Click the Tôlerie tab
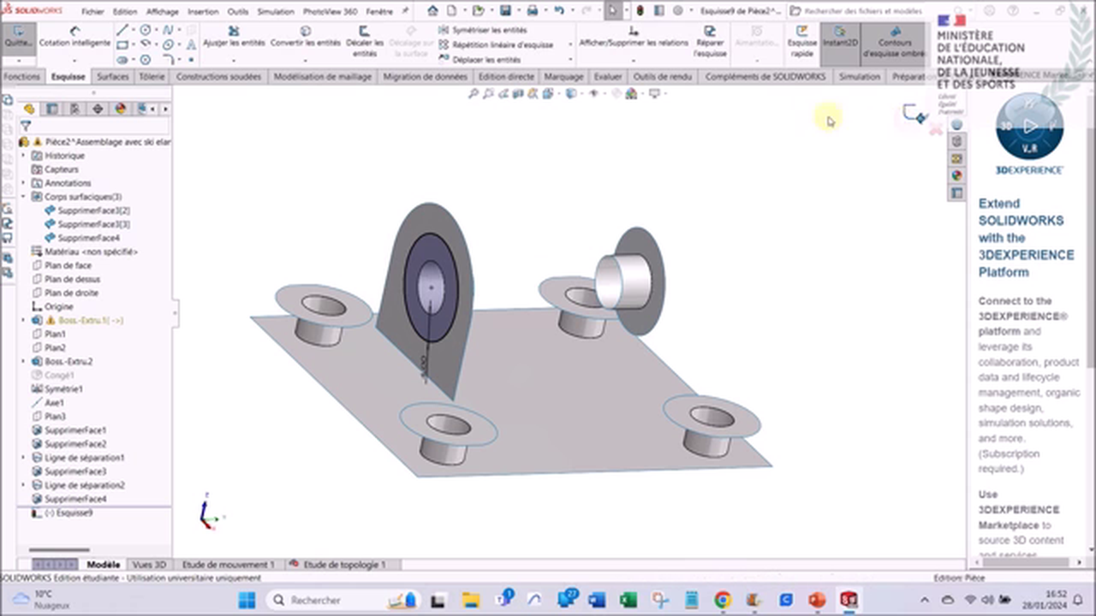[152, 77]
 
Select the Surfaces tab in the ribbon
[112, 77]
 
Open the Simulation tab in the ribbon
[859, 77]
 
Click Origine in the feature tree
[58, 306]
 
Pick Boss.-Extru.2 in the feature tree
[68, 361]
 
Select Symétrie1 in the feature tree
[63, 388]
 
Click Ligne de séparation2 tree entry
[84, 485]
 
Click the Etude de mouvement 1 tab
[228, 565]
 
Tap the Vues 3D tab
[149, 565]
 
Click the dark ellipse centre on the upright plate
[431, 287]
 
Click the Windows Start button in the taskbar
[246, 600]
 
